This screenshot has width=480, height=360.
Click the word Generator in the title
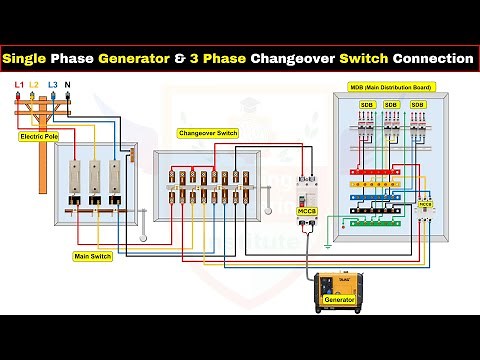pyautogui.click(x=134, y=59)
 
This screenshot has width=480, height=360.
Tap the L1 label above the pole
pyautogui.click(x=19, y=87)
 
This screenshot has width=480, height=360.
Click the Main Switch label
pyautogui.click(x=94, y=257)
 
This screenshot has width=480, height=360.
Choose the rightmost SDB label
pyautogui.click(x=419, y=104)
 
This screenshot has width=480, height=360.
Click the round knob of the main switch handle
pyautogui.click(x=147, y=213)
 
